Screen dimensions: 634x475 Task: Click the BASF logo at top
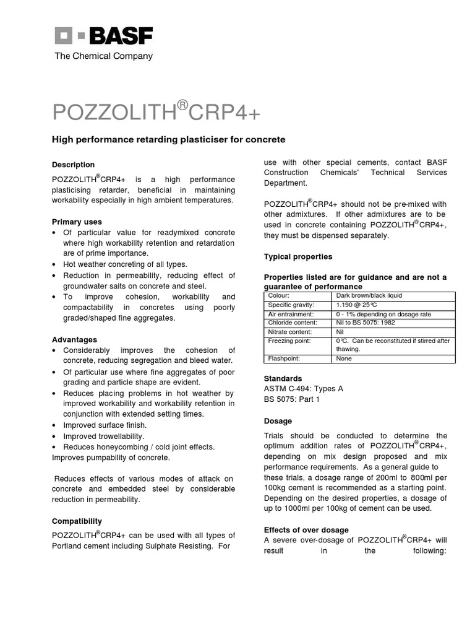pyautogui.click(x=103, y=36)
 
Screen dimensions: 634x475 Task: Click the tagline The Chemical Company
pyautogui.click(x=103, y=56)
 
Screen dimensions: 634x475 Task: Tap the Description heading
pyautogui.click(x=73, y=165)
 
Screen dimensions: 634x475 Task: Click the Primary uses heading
pyautogui.click(x=77, y=222)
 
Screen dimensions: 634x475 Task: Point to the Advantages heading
pyautogui.click(x=74, y=340)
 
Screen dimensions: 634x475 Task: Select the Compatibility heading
pyautogui.click(x=77, y=521)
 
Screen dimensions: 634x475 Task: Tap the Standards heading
pyautogui.click(x=283, y=378)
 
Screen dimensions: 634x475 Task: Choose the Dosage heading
pyautogui.click(x=278, y=421)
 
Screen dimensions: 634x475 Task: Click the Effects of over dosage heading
pyautogui.click(x=306, y=530)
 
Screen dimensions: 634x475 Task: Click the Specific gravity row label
pyautogui.click(x=291, y=305)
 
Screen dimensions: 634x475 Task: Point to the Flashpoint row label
pyautogui.click(x=284, y=358)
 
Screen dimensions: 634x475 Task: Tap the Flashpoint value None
pyautogui.click(x=344, y=358)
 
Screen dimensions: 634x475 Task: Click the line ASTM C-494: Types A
pyautogui.click(x=303, y=389)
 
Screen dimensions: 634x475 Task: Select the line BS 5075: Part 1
pyautogui.click(x=292, y=400)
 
